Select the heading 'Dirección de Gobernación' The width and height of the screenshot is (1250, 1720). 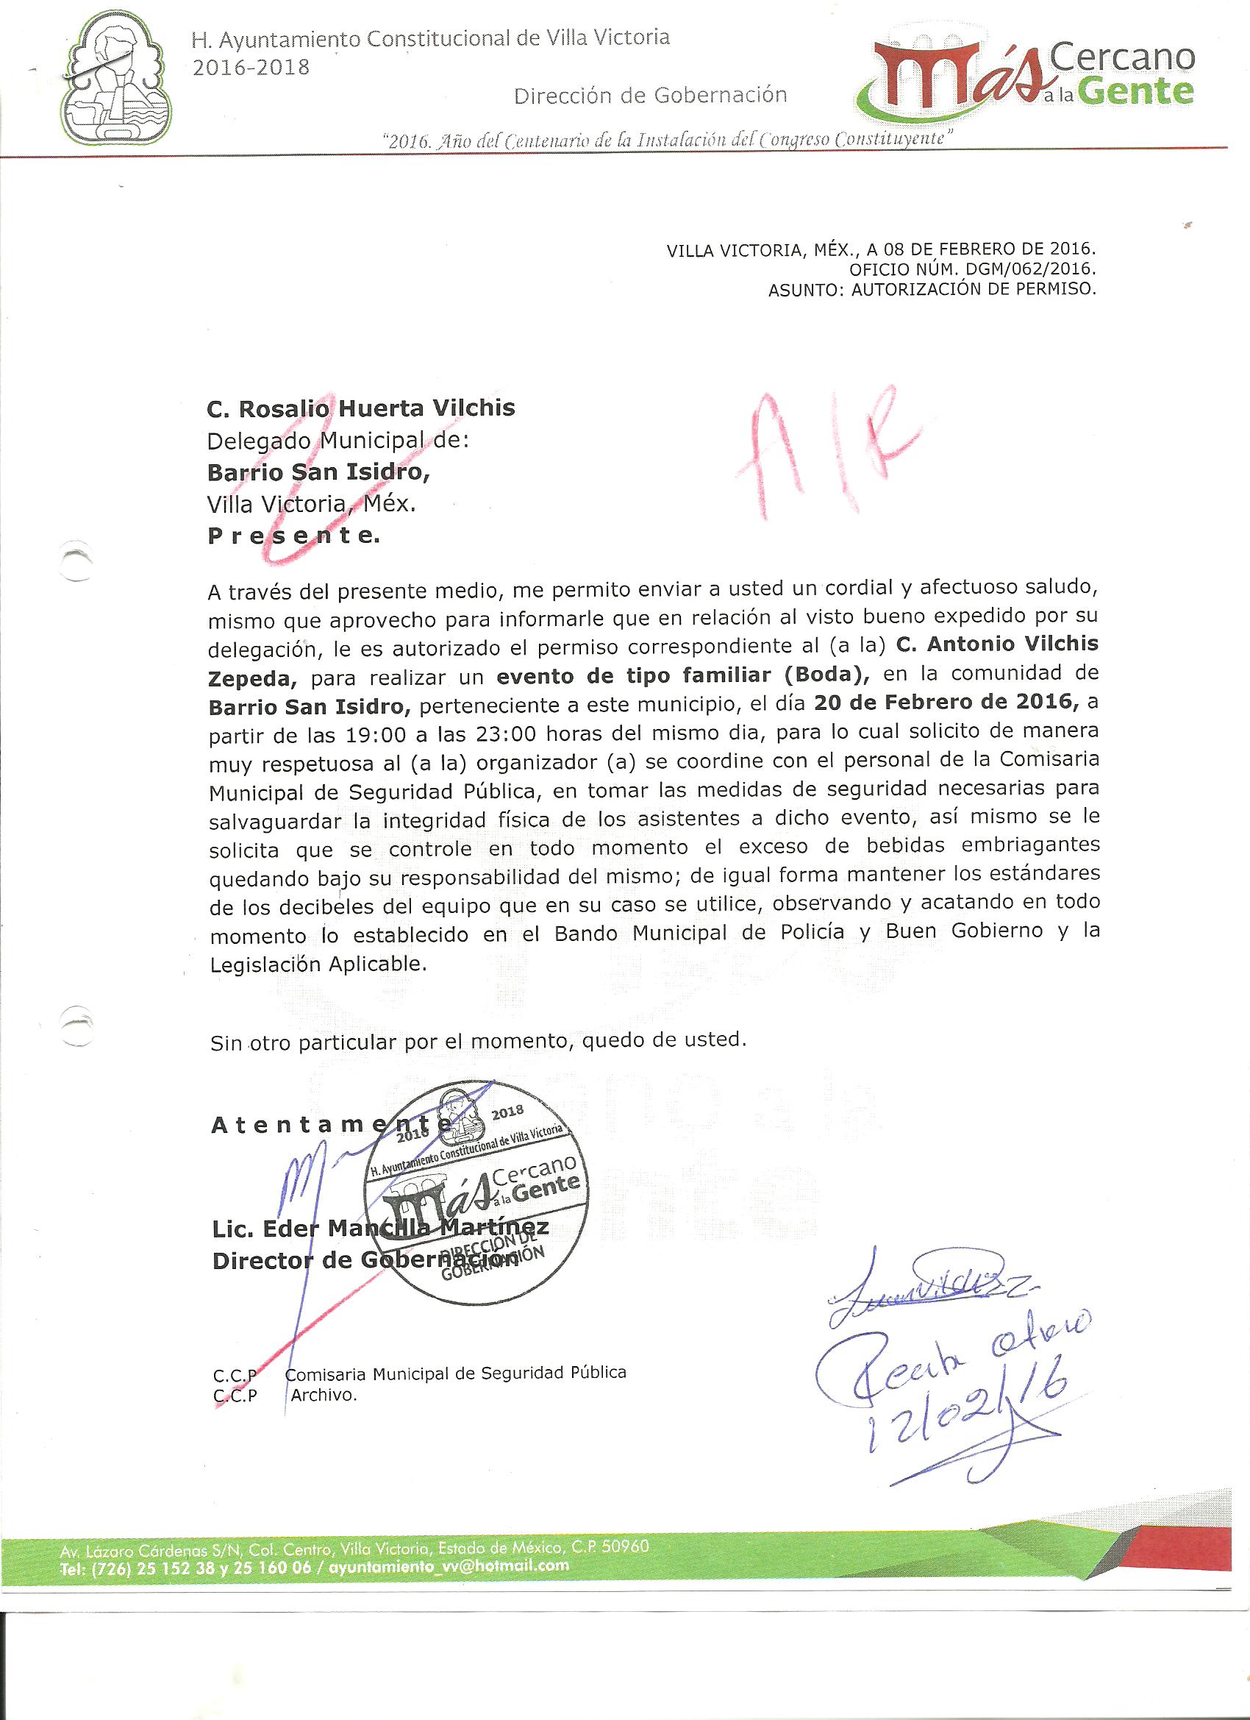coord(651,96)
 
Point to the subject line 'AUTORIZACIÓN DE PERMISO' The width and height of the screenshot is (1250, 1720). coord(974,289)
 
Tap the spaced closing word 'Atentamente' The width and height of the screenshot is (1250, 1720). coord(318,1126)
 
